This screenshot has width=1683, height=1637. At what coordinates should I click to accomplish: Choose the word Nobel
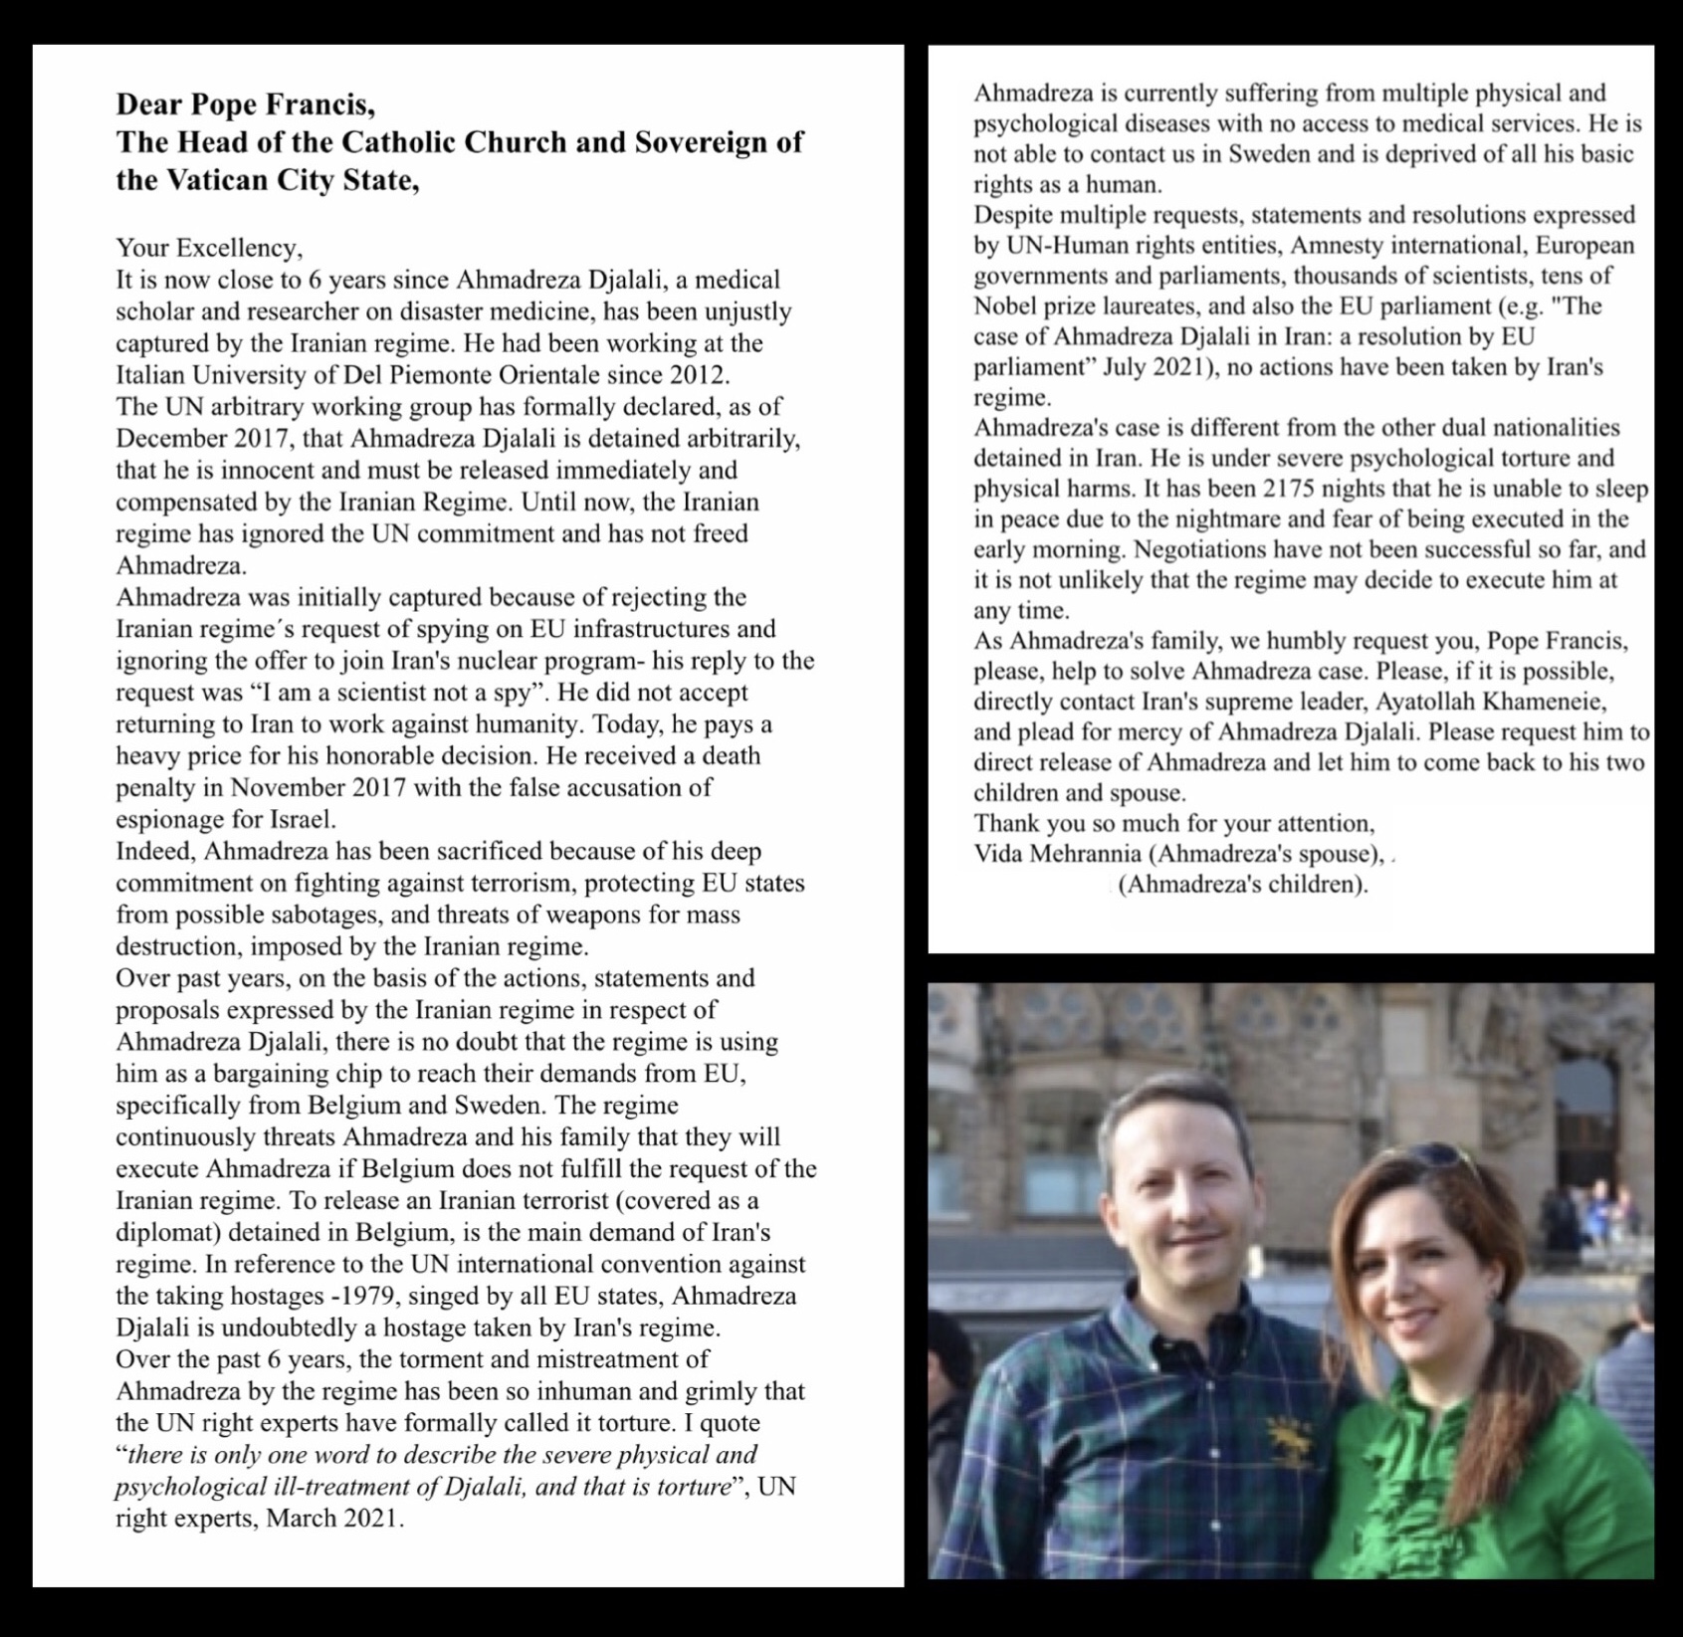(1003, 307)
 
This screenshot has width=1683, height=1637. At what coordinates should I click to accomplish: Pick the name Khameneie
(1544, 702)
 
